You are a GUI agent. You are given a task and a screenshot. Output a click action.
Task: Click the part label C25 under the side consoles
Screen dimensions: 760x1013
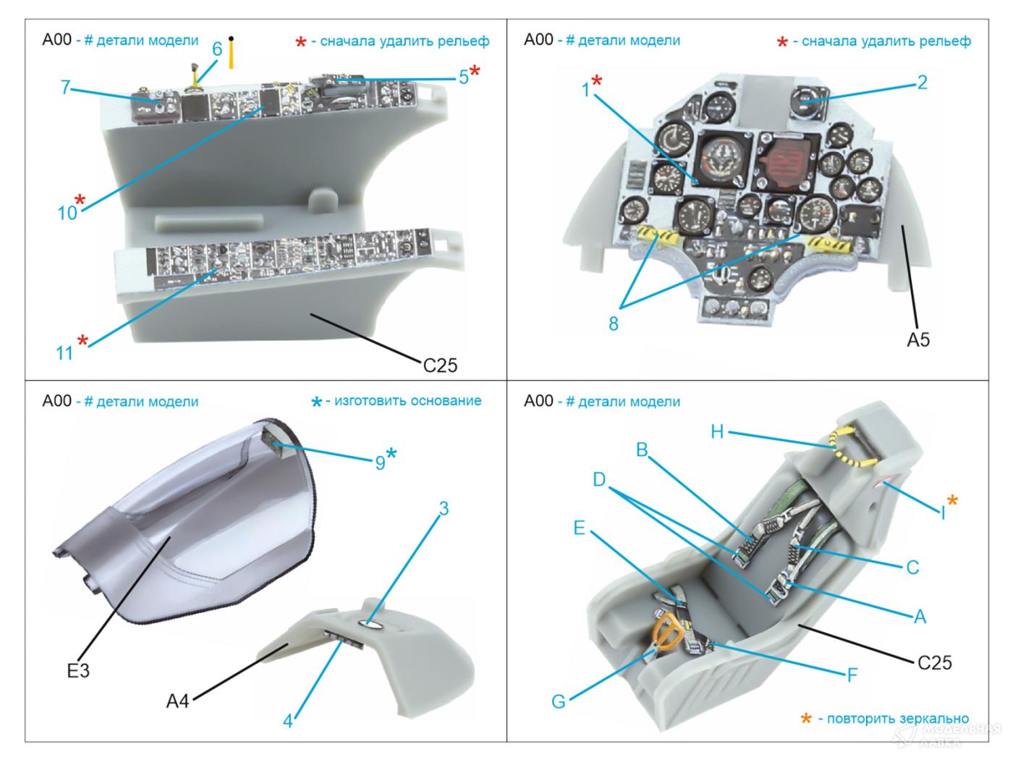tap(440, 365)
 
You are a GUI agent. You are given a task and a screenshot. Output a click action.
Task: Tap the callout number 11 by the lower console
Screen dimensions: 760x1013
tap(65, 352)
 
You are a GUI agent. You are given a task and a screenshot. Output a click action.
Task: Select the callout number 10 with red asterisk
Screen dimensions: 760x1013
tap(67, 212)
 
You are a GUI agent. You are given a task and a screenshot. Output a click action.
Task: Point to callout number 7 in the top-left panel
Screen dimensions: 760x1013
tap(66, 88)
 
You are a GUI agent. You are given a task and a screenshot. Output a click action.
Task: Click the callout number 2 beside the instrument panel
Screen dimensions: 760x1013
tap(922, 83)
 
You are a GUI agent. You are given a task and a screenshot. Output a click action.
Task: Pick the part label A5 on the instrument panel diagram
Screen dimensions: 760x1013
tap(918, 339)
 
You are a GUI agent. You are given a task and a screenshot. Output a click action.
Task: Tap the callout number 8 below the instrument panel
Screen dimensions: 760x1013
tap(614, 324)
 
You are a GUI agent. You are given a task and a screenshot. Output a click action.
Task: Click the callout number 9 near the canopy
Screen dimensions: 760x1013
tap(380, 462)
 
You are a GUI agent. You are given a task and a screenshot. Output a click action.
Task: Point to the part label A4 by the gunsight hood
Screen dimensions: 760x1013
tap(177, 701)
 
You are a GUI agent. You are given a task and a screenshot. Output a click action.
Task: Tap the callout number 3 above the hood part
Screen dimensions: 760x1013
tap(444, 509)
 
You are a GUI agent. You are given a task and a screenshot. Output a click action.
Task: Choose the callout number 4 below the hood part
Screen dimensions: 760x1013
tap(288, 721)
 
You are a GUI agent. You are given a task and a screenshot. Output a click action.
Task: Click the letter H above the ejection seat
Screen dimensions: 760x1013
tap(716, 432)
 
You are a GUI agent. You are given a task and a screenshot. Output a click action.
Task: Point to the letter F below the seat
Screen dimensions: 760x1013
tap(852, 675)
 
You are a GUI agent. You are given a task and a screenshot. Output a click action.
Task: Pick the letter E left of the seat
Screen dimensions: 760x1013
tap(579, 528)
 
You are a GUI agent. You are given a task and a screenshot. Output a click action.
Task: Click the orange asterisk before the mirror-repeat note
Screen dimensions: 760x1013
tap(805, 719)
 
